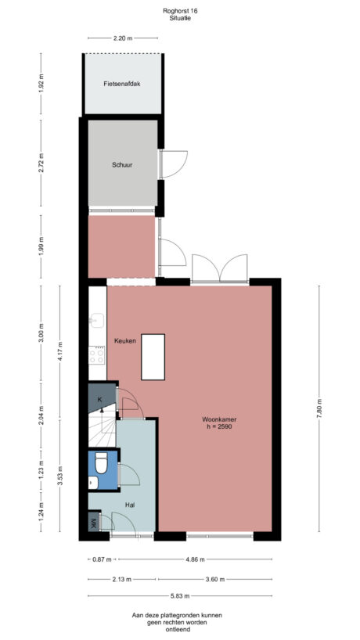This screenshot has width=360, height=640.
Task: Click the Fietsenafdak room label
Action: pos(121,84)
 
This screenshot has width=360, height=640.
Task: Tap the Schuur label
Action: pos(121,165)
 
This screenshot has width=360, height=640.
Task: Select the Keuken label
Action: pos(125,341)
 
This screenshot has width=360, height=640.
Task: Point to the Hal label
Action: pos(130,505)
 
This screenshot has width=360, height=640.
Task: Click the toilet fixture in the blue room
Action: pos(99,466)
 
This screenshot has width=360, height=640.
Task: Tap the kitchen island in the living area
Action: pos(153,356)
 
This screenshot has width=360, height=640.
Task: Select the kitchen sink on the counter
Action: pos(97,321)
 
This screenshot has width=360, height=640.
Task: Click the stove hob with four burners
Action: pos(98,356)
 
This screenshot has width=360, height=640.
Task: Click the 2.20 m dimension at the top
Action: pos(122,38)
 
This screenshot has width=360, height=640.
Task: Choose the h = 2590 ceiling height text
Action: pos(218,427)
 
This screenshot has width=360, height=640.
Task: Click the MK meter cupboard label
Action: pos(92,523)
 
